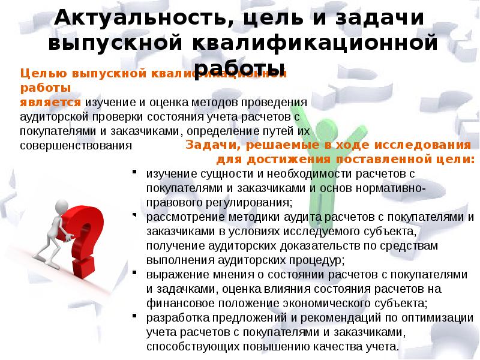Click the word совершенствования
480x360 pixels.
click(x=76, y=146)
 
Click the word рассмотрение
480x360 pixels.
click(x=178, y=217)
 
